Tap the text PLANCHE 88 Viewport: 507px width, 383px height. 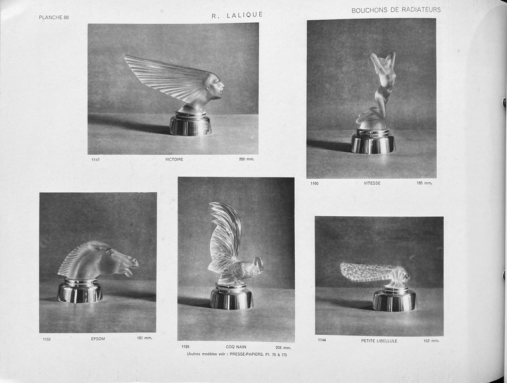pos(54,17)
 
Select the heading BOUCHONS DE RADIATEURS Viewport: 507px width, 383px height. pos(396,10)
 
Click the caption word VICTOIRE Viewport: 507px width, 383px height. pos(174,159)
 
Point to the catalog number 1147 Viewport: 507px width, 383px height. pos(95,159)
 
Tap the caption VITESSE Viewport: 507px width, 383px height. pos(372,183)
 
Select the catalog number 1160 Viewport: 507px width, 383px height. pos(314,183)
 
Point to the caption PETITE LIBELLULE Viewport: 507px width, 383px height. pos(379,341)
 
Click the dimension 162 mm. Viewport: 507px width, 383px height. pos(431,341)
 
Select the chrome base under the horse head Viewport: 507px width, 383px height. pos(80,292)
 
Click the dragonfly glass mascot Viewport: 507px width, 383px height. pos(374,273)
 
